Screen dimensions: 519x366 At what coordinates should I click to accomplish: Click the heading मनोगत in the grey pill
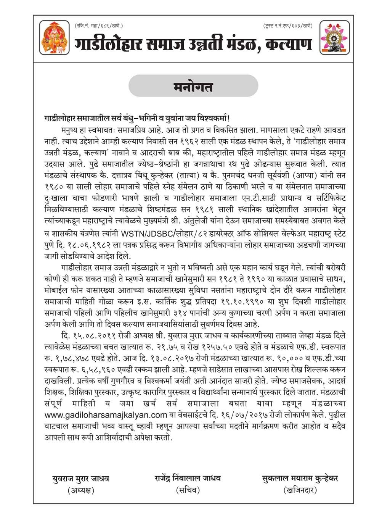pos(193,87)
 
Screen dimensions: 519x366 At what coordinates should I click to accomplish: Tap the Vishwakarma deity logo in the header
pos(55,37)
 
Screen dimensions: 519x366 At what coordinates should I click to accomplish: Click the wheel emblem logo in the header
pos(334,37)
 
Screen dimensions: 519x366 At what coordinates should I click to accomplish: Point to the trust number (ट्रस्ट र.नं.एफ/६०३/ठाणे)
pos(288,26)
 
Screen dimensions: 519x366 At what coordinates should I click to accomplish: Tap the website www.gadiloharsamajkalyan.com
pos(106,415)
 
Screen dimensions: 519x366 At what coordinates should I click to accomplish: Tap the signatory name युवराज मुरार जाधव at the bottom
pos(81,478)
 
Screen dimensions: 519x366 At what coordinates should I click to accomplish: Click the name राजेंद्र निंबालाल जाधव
pos(188,478)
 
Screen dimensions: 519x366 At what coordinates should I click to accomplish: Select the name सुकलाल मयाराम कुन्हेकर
pos(300,478)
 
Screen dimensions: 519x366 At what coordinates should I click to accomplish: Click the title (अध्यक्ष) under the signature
pos(80,490)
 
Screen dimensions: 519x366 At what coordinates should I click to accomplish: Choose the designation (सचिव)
pos(188,490)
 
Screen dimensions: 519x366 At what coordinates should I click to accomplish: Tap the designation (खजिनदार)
pos(300,490)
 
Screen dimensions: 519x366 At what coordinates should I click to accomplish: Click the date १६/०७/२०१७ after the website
pos(239,415)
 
